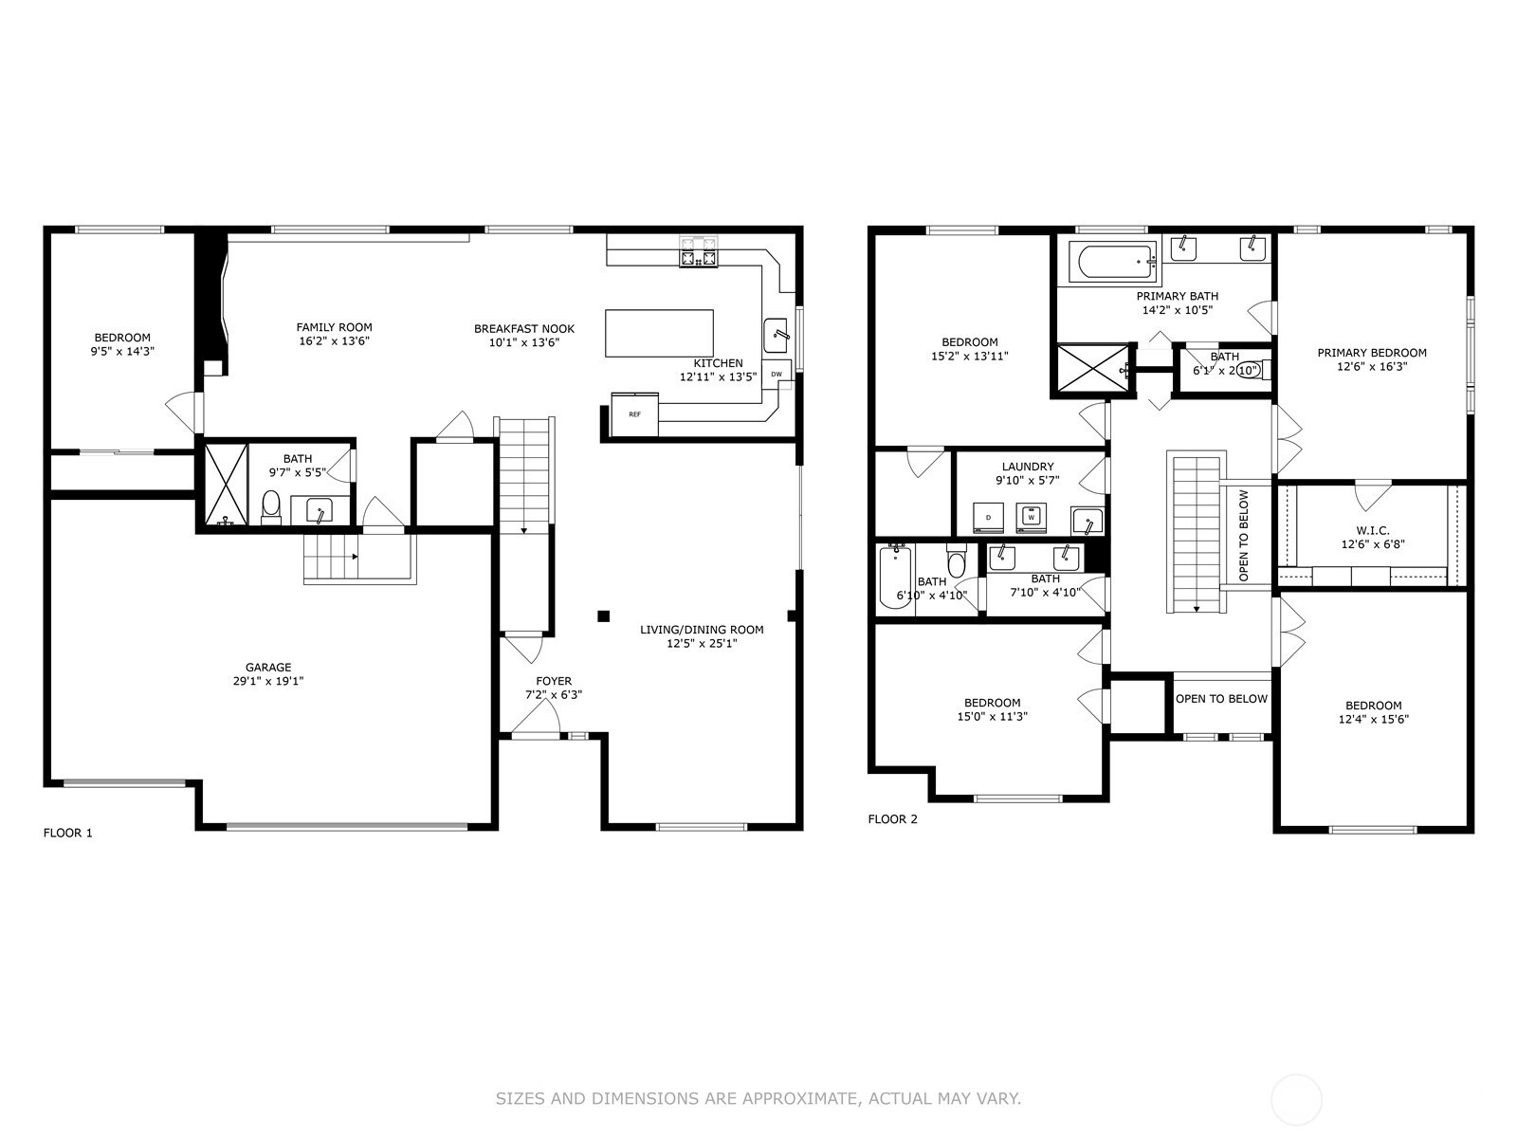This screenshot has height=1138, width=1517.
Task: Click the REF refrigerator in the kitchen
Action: coord(634,414)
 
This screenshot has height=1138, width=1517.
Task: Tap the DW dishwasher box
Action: coord(777,374)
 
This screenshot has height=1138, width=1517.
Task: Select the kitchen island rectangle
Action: coord(659,333)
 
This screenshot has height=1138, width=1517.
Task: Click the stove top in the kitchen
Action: coord(699,252)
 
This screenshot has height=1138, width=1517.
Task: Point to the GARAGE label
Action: coord(268,667)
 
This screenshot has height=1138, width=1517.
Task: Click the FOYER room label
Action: coord(554,681)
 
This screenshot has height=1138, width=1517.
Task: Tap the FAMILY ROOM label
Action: coord(335,327)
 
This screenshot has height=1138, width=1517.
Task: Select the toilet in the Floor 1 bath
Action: coord(271,507)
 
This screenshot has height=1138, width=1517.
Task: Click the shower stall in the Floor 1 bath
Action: coord(226,485)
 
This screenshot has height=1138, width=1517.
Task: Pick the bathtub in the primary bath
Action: coord(1113,261)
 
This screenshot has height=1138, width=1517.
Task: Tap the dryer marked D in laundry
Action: coord(988,518)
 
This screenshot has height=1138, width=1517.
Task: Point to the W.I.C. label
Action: coord(1373,531)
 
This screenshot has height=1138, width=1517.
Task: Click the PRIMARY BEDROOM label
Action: coord(1372,353)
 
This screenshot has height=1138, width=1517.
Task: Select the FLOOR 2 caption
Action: coord(893,818)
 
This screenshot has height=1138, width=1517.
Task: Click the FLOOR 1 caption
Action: coord(67,833)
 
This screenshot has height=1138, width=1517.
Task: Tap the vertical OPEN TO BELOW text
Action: coord(1244,536)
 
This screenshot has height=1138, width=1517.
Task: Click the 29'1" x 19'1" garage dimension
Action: coord(268,681)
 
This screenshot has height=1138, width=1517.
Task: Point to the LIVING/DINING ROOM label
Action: coord(702,630)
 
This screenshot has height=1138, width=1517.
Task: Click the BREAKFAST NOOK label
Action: coord(524,329)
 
